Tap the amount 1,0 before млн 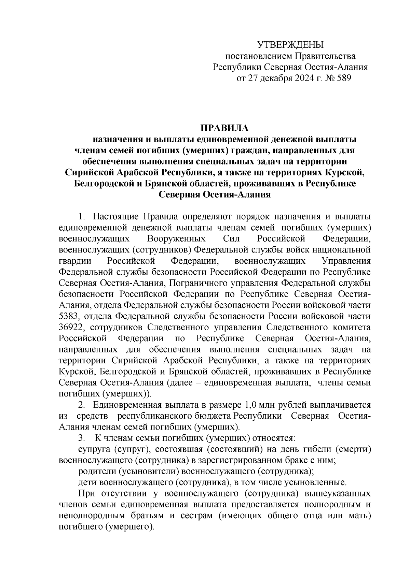[x=248, y=405]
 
